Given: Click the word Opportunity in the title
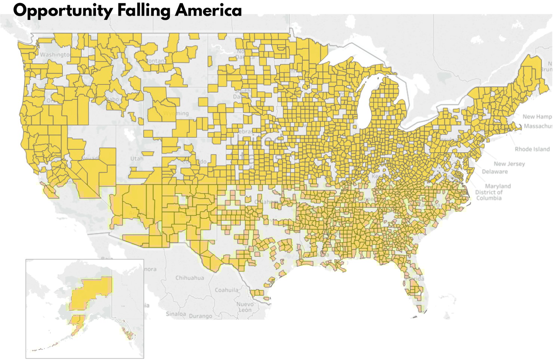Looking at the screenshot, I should pos(62,10).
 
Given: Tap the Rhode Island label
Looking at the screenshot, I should pos(532,149).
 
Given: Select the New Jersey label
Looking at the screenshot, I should pos(509,164).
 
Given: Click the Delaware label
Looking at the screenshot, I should pos(494,171).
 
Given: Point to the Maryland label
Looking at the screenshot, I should pos(498,186).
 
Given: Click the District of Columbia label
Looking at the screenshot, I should pos(489,195).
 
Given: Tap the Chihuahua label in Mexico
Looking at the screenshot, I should pos(189,278).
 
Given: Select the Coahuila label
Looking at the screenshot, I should pos(226,290).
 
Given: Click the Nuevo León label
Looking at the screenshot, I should pos(245,307).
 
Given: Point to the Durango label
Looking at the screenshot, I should pos(200,316).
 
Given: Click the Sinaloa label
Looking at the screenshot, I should pos(176,314).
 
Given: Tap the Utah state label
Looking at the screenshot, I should pos(137,158).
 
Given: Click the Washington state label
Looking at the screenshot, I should pos(55,55).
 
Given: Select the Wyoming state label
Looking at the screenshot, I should pos(176,113).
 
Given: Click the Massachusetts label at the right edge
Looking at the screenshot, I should pos(538,126).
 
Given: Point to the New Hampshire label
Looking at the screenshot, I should pos(537,117).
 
